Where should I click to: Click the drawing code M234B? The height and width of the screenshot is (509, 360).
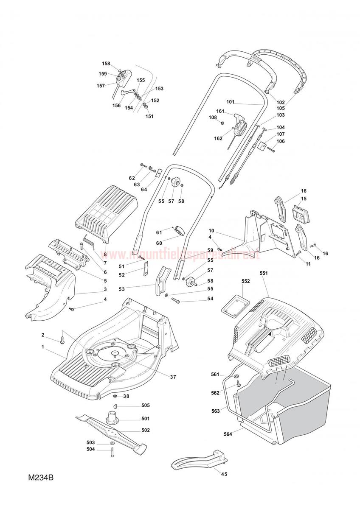41,478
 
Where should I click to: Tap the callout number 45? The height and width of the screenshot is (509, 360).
224,474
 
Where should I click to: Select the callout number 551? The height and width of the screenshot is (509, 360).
264,274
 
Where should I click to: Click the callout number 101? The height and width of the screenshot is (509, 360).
231,102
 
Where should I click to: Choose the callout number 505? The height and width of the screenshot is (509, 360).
146,405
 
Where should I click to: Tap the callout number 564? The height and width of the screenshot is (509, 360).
228,434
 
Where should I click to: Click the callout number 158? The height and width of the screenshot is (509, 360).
106,64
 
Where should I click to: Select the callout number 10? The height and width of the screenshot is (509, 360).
211,231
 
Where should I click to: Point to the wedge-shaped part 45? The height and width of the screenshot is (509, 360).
200,460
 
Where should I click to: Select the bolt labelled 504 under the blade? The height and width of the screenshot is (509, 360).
112,453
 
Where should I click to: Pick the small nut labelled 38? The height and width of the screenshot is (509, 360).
115,396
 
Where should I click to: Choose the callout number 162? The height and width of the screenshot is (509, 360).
218,138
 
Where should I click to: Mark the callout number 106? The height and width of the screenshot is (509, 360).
281,141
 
